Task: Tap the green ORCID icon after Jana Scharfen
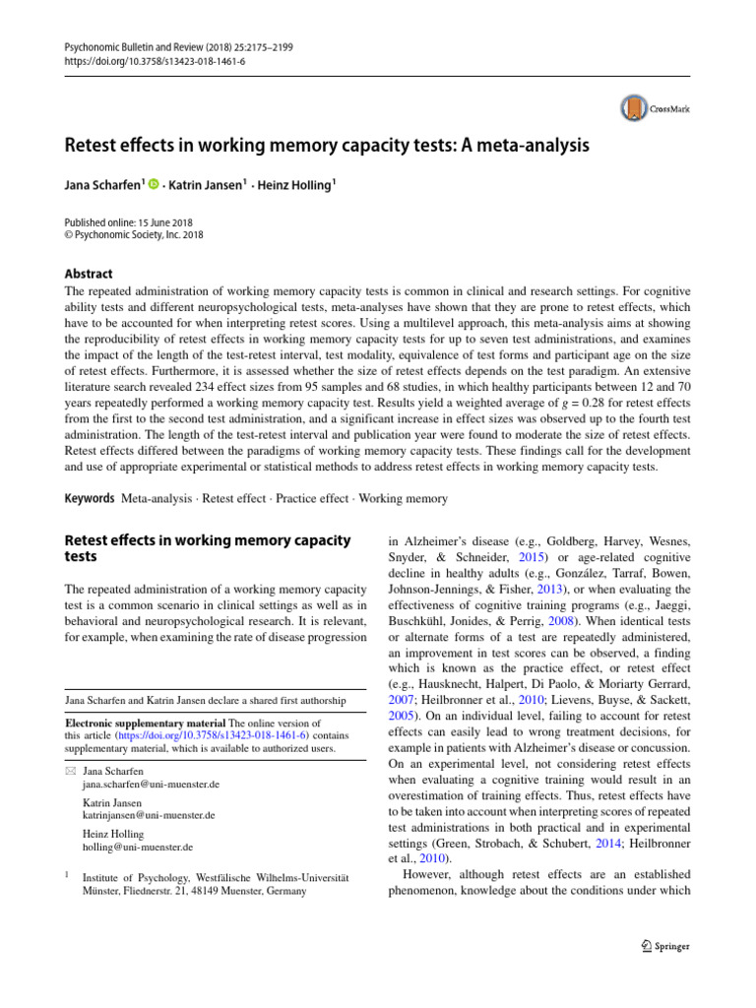click(x=154, y=184)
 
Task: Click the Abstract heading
click(x=89, y=274)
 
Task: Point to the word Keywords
click(x=89, y=499)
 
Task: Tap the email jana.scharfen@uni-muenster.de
click(x=151, y=785)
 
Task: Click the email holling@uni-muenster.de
click(x=138, y=847)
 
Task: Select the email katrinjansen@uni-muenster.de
click(x=149, y=816)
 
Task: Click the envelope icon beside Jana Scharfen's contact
click(x=68, y=771)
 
